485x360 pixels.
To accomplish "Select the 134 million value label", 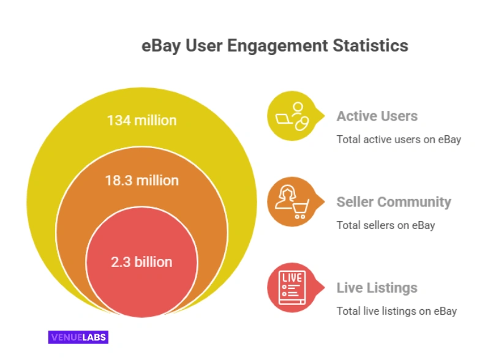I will click(x=141, y=120).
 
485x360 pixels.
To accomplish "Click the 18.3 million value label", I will click(x=141, y=181).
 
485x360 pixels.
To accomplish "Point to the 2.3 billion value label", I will click(x=141, y=262).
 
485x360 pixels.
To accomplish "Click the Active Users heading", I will click(x=377, y=116).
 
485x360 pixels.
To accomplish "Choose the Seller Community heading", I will click(x=394, y=202).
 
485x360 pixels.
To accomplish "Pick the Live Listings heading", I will click(x=377, y=288).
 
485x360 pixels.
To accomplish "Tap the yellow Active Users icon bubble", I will click(x=291, y=116).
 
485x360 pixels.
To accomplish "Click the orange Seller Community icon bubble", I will click(x=291, y=202).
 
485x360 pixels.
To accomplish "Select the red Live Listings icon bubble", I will click(x=291, y=287).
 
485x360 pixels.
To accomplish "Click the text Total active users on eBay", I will click(x=399, y=140).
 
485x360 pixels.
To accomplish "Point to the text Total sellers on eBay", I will click(x=386, y=225).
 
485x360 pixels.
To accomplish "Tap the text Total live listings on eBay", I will click(x=397, y=311).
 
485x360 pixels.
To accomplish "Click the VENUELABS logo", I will click(x=78, y=337).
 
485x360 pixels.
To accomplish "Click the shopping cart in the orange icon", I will click(x=300, y=209).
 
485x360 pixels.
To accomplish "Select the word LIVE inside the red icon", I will click(x=291, y=279).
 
